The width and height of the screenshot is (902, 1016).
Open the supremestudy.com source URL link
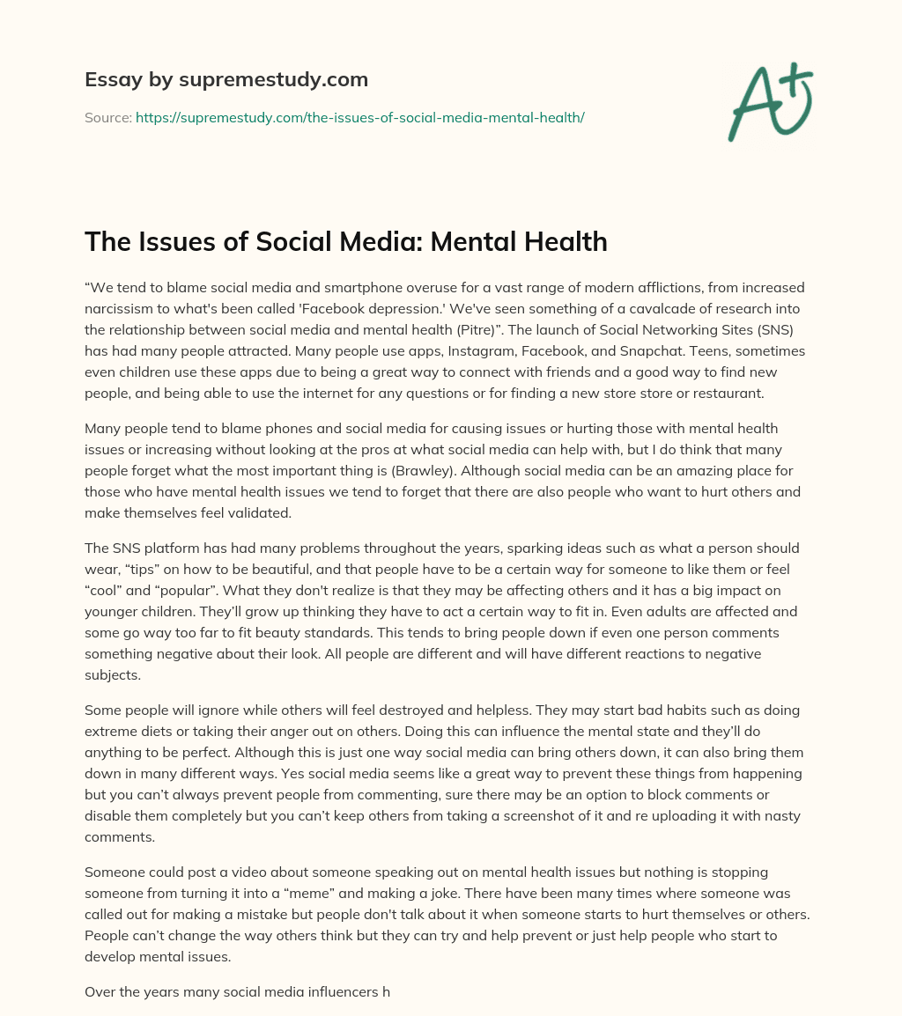tap(359, 117)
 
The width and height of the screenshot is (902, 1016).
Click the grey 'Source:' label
tap(108, 117)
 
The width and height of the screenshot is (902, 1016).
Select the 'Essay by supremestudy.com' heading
tap(226, 79)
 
